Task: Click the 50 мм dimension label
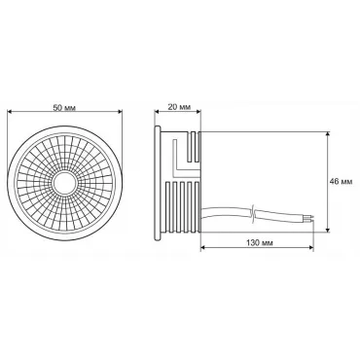point(64,108)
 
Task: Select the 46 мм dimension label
point(341,182)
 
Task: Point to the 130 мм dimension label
point(258,243)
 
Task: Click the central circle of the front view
point(64,184)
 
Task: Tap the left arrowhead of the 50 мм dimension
point(10,112)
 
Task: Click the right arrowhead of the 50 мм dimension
point(120,112)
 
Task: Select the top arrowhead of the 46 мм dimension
point(329,134)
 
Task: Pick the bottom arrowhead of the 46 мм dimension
point(329,230)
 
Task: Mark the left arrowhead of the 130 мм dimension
point(203,248)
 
